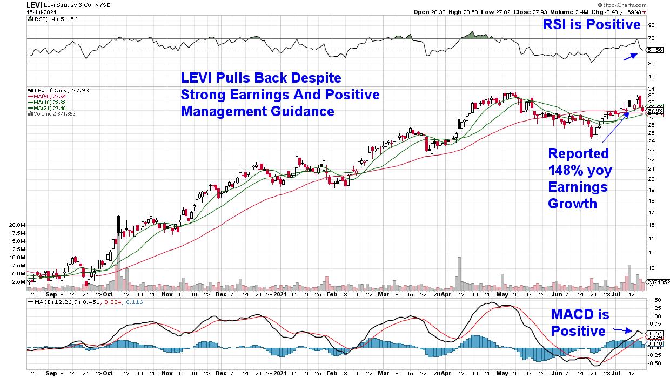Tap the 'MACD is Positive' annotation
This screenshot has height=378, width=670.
coord(579,322)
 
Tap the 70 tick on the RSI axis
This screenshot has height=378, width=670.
coord(651,38)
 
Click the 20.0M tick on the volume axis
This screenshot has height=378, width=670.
coord(16,225)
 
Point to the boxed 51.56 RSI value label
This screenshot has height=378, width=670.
coord(655,50)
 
